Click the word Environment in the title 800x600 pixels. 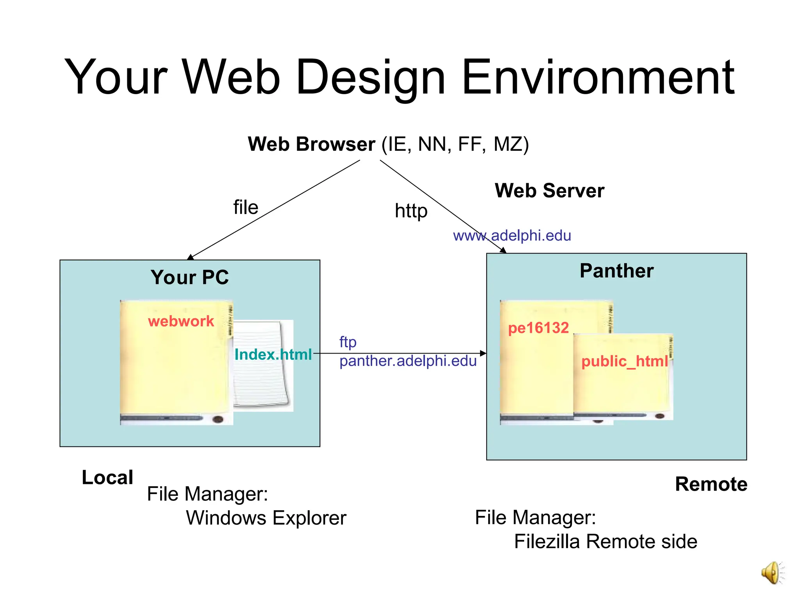[x=598, y=77]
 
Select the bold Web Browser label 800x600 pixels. [x=311, y=144]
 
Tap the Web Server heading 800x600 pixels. [x=549, y=191]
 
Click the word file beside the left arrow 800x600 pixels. [x=246, y=207]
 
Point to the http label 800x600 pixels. [x=411, y=211]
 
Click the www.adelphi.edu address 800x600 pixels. [x=512, y=236]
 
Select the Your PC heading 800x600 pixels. [x=189, y=277]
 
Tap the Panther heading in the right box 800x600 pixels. [x=616, y=271]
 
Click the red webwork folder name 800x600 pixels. [x=181, y=321]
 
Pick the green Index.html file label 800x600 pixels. [x=273, y=354]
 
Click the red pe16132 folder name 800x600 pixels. [x=538, y=328]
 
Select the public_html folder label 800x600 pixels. [x=624, y=361]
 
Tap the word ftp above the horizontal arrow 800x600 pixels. [x=348, y=342]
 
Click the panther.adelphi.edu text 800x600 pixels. [x=408, y=361]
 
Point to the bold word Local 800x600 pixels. [x=107, y=477]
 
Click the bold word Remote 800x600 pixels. [x=711, y=484]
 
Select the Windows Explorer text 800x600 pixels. [x=266, y=518]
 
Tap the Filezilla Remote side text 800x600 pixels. [x=605, y=541]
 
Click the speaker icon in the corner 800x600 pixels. [x=773, y=573]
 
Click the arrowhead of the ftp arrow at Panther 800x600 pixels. [x=483, y=353]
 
